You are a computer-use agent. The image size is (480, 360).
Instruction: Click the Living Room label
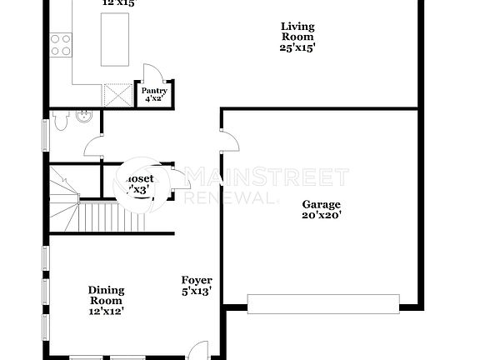296,31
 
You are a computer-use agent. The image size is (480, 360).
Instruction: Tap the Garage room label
322,203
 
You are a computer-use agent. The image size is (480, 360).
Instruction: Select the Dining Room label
106,295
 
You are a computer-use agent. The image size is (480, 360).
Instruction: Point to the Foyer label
197,280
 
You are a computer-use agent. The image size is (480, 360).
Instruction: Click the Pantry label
154,91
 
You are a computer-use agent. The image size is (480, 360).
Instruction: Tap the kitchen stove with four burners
60,43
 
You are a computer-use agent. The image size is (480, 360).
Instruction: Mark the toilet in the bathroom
60,122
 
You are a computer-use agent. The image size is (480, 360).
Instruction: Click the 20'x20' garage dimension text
322,215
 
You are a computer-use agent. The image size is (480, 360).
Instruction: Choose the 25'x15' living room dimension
297,47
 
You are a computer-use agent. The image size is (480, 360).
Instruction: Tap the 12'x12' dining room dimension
106,311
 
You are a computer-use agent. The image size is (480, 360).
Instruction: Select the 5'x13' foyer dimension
197,292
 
